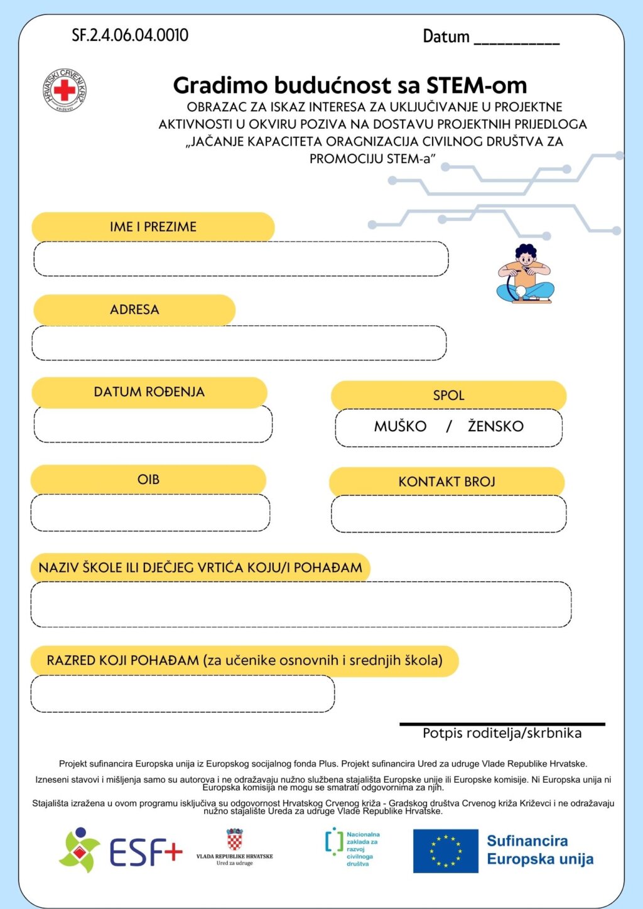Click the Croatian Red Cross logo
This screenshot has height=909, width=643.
coord(65,90)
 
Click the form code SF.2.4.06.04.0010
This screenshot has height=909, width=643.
coord(130,35)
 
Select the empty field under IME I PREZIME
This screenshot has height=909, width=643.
coord(240,259)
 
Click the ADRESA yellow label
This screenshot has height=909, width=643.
coord(134,309)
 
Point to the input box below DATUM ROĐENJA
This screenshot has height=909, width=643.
coord(153,425)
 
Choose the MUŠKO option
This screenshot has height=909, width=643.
coord(400,427)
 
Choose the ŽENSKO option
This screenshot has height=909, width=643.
coord(495,427)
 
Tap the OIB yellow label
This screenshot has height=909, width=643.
coord(148,480)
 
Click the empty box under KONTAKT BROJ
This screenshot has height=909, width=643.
coord(448,514)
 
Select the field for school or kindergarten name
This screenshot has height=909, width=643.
coord(301,605)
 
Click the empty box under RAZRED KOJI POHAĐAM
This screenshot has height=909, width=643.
coord(182,694)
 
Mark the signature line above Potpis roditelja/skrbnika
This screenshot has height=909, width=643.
coord(502,724)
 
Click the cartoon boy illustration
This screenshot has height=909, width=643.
coord(526,274)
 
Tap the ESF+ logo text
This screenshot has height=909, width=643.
coord(146,853)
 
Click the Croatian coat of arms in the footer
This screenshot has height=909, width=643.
coord(235,839)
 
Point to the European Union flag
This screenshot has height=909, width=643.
coord(445,851)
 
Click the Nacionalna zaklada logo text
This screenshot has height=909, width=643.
coord(362,849)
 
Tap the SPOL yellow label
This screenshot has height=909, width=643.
coord(448,395)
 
